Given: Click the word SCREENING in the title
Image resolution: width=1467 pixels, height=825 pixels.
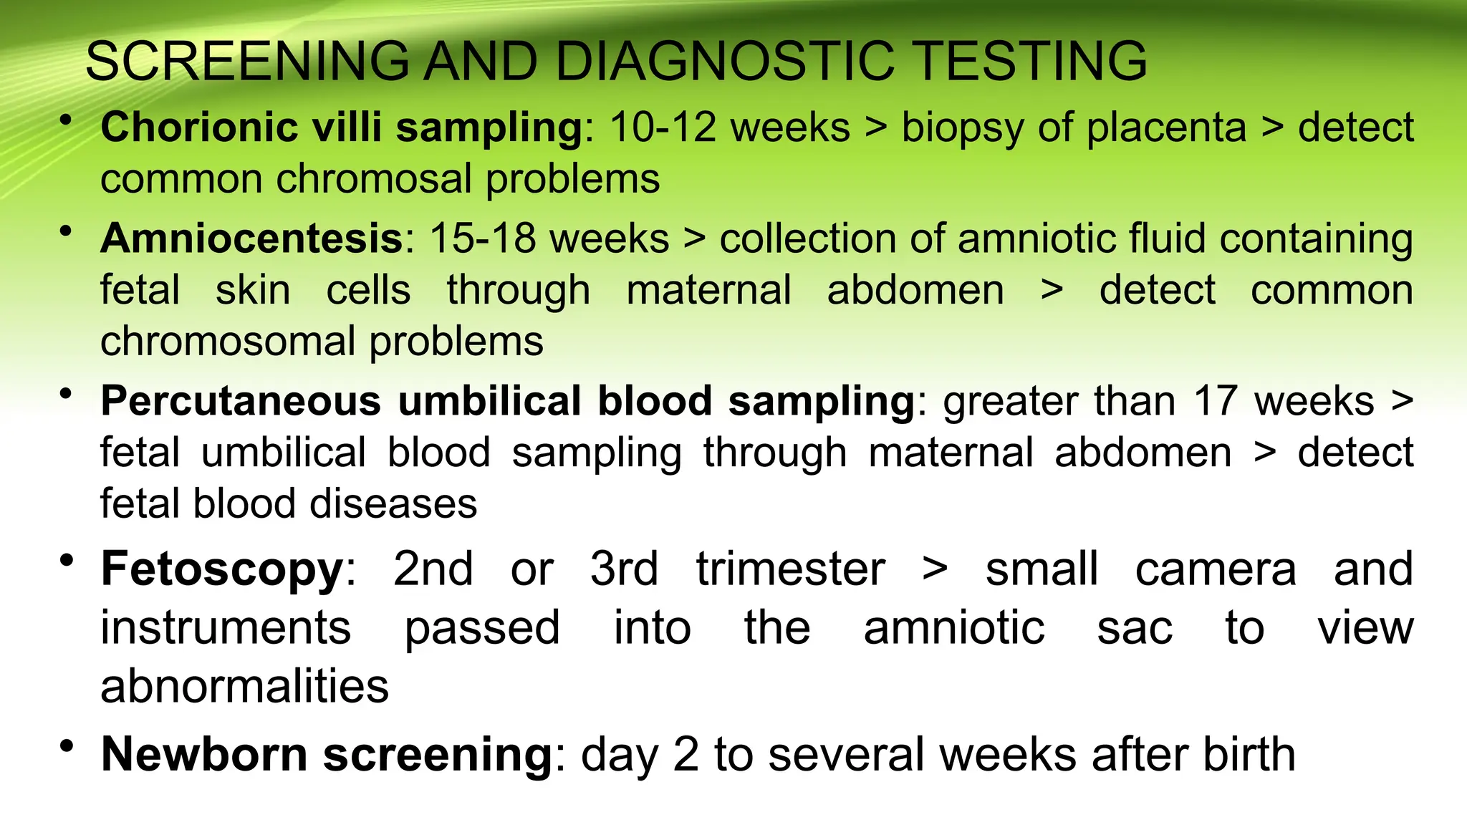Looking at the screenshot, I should coord(247,62).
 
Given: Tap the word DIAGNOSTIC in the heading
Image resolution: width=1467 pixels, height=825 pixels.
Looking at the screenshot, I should coord(724,62).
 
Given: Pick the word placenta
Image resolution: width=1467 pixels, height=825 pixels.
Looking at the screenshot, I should coord(1165,129).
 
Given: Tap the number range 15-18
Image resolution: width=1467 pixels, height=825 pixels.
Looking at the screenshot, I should coord(482,238).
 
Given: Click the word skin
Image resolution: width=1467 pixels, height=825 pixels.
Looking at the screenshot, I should coord(253,290).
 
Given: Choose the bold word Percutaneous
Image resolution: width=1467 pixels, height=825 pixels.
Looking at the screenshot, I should coord(241,400).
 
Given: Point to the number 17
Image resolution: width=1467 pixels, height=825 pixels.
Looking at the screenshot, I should coord(1215,400).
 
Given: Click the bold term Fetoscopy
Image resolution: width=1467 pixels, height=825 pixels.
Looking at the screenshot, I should coord(223,569).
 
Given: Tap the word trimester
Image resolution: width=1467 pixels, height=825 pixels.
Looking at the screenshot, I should coord(790,569).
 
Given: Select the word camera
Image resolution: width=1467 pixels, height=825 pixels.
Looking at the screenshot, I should coord(1216,569).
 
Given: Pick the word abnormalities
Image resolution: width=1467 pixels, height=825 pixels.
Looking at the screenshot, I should coord(244,686).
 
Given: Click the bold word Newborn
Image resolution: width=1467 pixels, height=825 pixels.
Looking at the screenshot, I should coord(204,754).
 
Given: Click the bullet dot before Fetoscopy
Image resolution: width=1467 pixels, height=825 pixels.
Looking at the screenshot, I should coord(67,561).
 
